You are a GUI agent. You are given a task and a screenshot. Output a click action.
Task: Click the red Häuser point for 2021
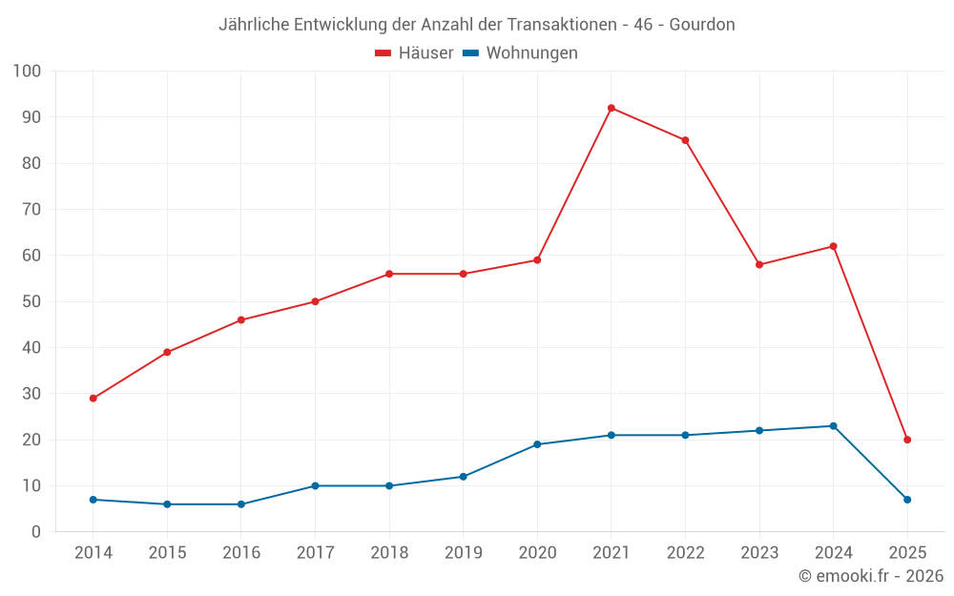(611, 108)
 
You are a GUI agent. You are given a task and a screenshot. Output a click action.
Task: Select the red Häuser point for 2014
(93, 399)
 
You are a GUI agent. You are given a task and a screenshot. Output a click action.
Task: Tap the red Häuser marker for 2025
(907, 440)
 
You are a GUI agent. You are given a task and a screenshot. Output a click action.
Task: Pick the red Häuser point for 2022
(685, 140)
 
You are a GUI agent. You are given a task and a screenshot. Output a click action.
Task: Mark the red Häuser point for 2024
(833, 246)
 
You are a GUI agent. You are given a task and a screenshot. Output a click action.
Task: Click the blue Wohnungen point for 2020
(537, 444)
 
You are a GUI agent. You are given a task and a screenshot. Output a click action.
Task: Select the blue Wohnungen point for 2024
(833, 426)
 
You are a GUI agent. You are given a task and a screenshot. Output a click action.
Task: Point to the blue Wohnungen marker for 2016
(240, 504)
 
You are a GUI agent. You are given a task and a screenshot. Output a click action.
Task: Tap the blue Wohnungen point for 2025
(907, 500)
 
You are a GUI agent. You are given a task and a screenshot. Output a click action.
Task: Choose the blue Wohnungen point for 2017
(315, 485)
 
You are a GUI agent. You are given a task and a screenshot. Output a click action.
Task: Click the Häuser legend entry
(414, 53)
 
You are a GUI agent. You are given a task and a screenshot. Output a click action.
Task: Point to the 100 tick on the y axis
(27, 71)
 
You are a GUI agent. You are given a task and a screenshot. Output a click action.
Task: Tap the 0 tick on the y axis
(35, 532)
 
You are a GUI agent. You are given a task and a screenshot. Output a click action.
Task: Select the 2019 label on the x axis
(463, 553)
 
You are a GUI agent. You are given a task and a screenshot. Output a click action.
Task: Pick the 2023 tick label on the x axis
(759, 553)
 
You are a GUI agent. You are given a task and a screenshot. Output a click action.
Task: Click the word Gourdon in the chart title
(703, 25)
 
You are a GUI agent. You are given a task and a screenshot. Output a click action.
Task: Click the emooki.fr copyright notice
(870, 576)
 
